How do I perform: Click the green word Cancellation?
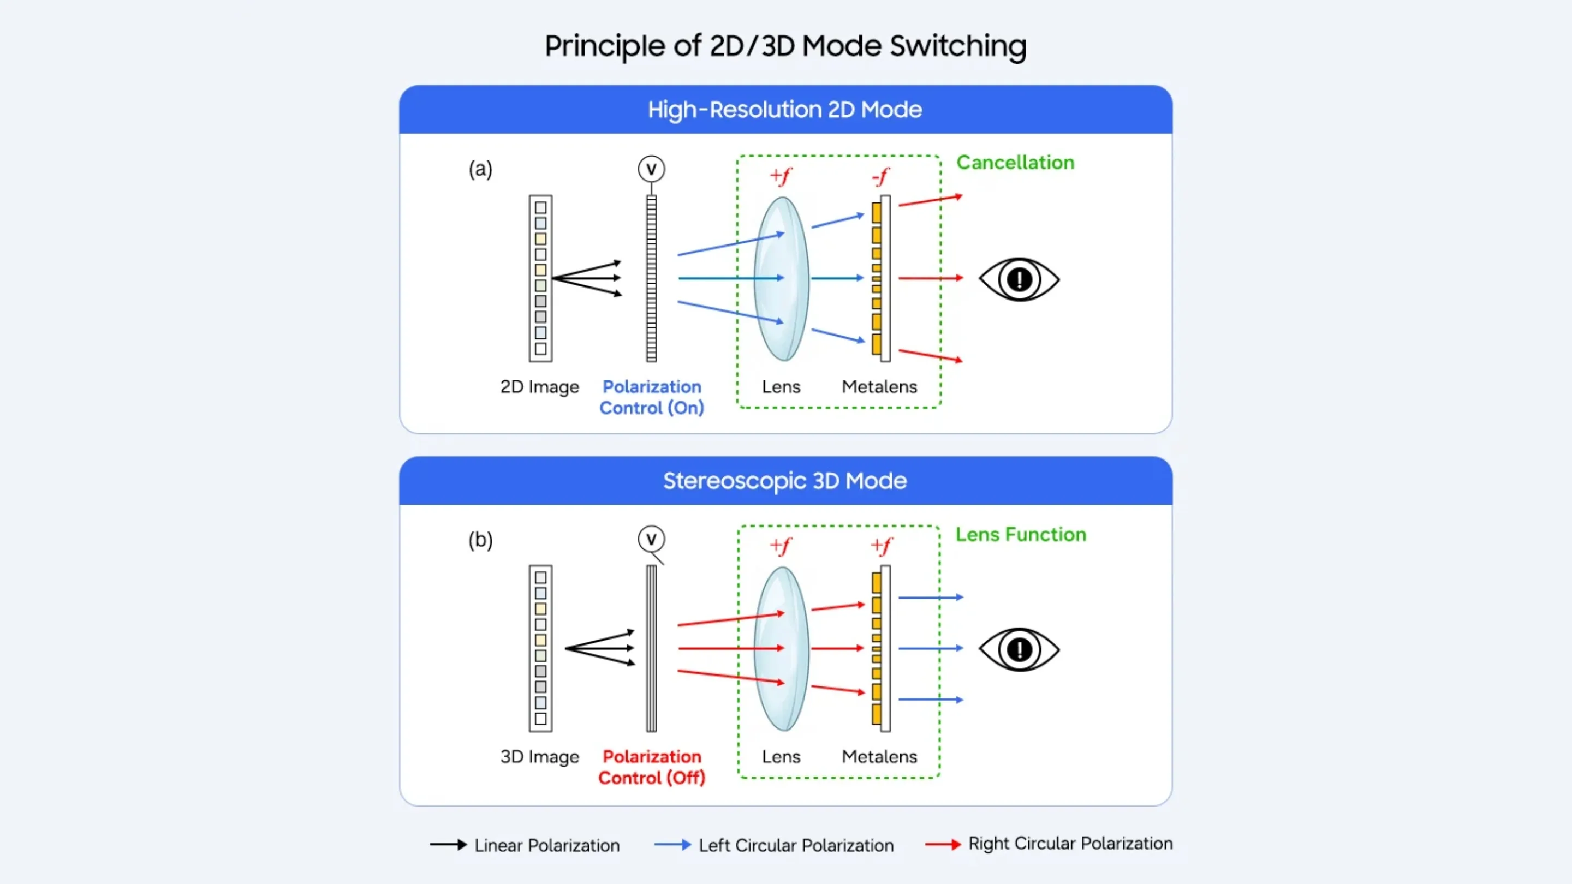pyautogui.click(x=1015, y=162)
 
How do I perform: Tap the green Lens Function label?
pyautogui.click(x=1020, y=534)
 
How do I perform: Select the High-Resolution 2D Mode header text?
pyautogui.click(x=785, y=110)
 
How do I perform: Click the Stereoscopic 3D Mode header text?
pyautogui.click(x=785, y=481)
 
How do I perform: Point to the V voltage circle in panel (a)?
pyautogui.click(x=651, y=169)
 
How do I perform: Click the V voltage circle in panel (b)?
pyautogui.click(x=651, y=539)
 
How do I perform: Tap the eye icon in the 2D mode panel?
pyautogui.click(x=1019, y=279)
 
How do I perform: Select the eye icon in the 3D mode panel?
pyautogui.click(x=1019, y=649)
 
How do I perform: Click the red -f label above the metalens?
pyautogui.click(x=880, y=177)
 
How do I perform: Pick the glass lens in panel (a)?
pyautogui.click(x=782, y=278)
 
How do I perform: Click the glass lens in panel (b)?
pyautogui.click(x=782, y=648)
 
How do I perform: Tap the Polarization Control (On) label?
pyautogui.click(x=652, y=397)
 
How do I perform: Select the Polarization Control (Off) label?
pyautogui.click(x=652, y=767)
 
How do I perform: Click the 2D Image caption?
pyautogui.click(x=539, y=387)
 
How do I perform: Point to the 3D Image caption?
pyautogui.click(x=539, y=756)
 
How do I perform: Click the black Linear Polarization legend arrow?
pyautogui.click(x=448, y=845)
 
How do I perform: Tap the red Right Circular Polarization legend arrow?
pyautogui.click(x=943, y=844)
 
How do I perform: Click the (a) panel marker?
pyautogui.click(x=480, y=169)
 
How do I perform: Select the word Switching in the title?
pyautogui.click(x=957, y=46)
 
